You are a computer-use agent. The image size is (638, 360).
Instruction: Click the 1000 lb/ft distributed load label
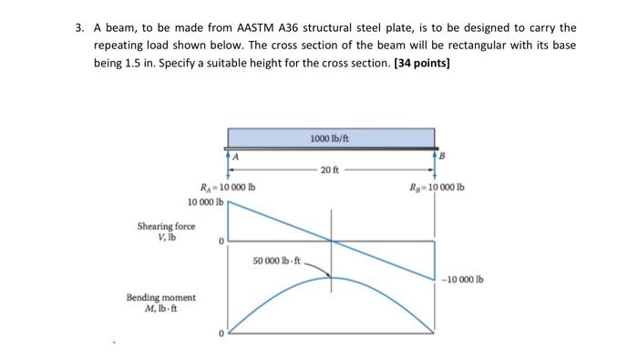(x=331, y=139)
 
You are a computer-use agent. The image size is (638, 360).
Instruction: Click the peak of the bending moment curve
(x=332, y=277)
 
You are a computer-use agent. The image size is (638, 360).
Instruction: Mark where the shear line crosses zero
(x=332, y=241)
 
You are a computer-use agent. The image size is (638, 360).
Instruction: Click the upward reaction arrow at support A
(x=228, y=161)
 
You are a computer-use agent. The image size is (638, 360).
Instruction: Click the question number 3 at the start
(x=80, y=28)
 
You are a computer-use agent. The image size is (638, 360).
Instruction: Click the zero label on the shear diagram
(x=220, y=241)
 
